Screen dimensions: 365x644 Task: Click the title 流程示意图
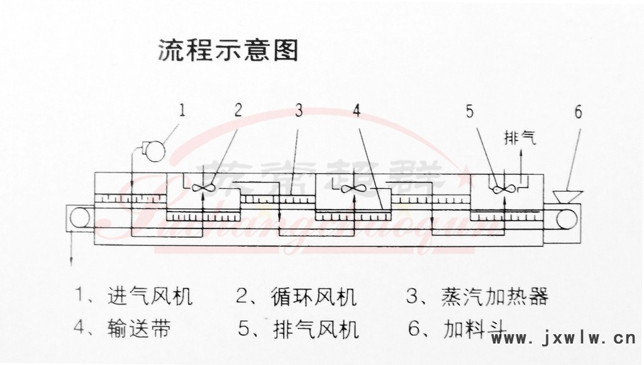coord(227,50)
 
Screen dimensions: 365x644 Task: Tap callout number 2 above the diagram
coord(238,111)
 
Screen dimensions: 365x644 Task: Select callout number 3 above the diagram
coord(299,111)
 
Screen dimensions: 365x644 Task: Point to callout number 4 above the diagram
coord(357,111)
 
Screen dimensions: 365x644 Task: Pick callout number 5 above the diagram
coord(470,111)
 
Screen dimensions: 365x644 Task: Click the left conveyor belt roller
coord(80,216)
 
